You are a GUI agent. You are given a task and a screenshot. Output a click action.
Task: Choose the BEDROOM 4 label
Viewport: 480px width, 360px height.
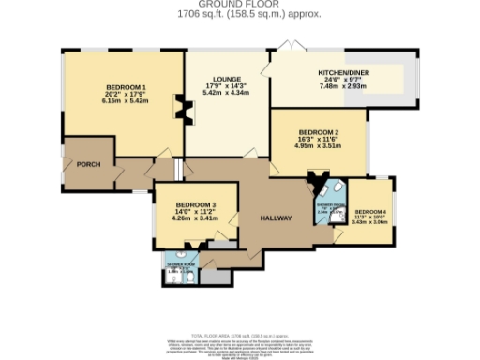[370, 212]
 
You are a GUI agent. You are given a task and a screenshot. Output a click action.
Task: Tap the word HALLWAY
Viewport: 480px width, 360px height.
[277, 218]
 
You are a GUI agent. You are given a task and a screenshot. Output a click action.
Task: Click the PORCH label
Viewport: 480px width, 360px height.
[88, 164]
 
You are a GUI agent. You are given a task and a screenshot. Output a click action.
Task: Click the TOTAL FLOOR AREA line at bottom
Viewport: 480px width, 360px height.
[240, 335]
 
